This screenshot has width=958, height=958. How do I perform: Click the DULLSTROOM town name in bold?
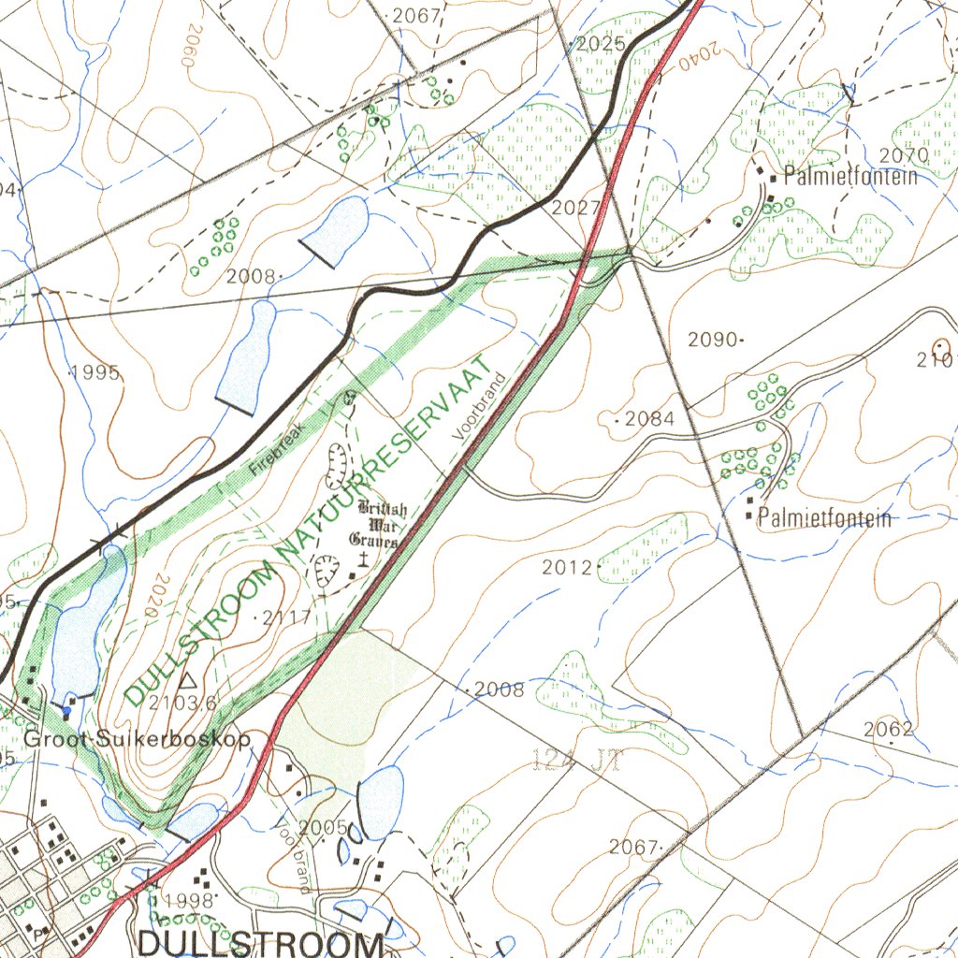point(260,942)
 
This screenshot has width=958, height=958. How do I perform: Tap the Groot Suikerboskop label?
point(138,739)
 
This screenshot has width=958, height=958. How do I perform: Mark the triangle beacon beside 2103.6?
point(186,679)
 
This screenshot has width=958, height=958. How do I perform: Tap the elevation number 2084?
point(649,419)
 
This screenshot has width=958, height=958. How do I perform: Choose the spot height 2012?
point(567,567)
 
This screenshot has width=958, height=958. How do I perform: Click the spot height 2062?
point(889,729)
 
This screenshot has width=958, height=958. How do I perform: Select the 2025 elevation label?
point(601,44)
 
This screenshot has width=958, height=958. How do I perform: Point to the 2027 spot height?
point(574,208)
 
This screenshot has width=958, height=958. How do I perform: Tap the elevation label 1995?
point(96,372)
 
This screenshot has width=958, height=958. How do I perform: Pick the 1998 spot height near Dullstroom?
point(189,900)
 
